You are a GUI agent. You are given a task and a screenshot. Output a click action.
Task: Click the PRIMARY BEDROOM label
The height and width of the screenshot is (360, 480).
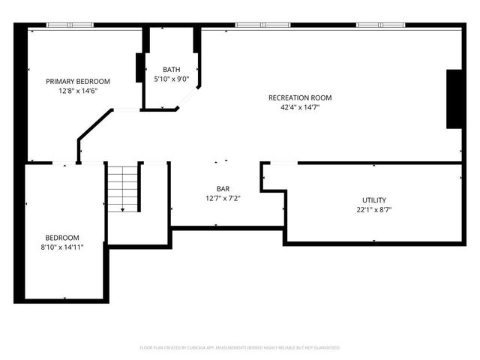pos(78,82)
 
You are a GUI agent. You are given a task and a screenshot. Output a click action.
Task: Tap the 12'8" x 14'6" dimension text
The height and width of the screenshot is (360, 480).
pos(78,91)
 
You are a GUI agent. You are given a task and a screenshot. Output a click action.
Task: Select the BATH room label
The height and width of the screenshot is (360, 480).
pos(171,69)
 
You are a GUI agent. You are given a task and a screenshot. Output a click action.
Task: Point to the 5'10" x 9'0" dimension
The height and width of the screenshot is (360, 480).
pos(171,78)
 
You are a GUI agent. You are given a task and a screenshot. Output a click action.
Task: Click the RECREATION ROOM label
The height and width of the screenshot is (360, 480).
pos(300,97)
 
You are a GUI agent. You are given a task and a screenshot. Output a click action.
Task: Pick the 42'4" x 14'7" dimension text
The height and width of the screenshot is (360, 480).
pos(300,106)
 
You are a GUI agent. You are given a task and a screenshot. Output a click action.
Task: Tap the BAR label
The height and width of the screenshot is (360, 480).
pos(223,189)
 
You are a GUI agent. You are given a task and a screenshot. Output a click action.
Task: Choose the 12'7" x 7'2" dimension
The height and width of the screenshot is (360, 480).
pos(223,198)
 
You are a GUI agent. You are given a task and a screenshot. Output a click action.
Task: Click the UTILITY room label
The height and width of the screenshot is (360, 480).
pos(374,200)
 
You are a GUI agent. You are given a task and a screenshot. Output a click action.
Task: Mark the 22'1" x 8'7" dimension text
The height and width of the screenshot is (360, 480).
pos(374,209)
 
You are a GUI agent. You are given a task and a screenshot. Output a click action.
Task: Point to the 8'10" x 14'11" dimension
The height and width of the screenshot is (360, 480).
pos(62,246)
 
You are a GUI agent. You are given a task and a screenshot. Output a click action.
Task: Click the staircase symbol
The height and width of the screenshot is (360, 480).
pos(122,189)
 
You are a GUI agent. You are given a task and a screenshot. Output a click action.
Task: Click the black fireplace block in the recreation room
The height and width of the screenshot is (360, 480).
pos(454,100)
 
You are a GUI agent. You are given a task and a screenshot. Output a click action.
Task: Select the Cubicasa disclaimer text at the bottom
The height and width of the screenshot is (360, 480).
pos(240,348)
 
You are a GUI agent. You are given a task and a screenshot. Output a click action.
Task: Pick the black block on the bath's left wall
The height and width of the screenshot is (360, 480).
pos(139,68)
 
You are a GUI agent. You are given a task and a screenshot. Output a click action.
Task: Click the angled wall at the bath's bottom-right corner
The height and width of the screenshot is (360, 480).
pos(188,100)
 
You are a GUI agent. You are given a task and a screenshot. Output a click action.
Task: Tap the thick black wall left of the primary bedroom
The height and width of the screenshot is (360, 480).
pos(20,94)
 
